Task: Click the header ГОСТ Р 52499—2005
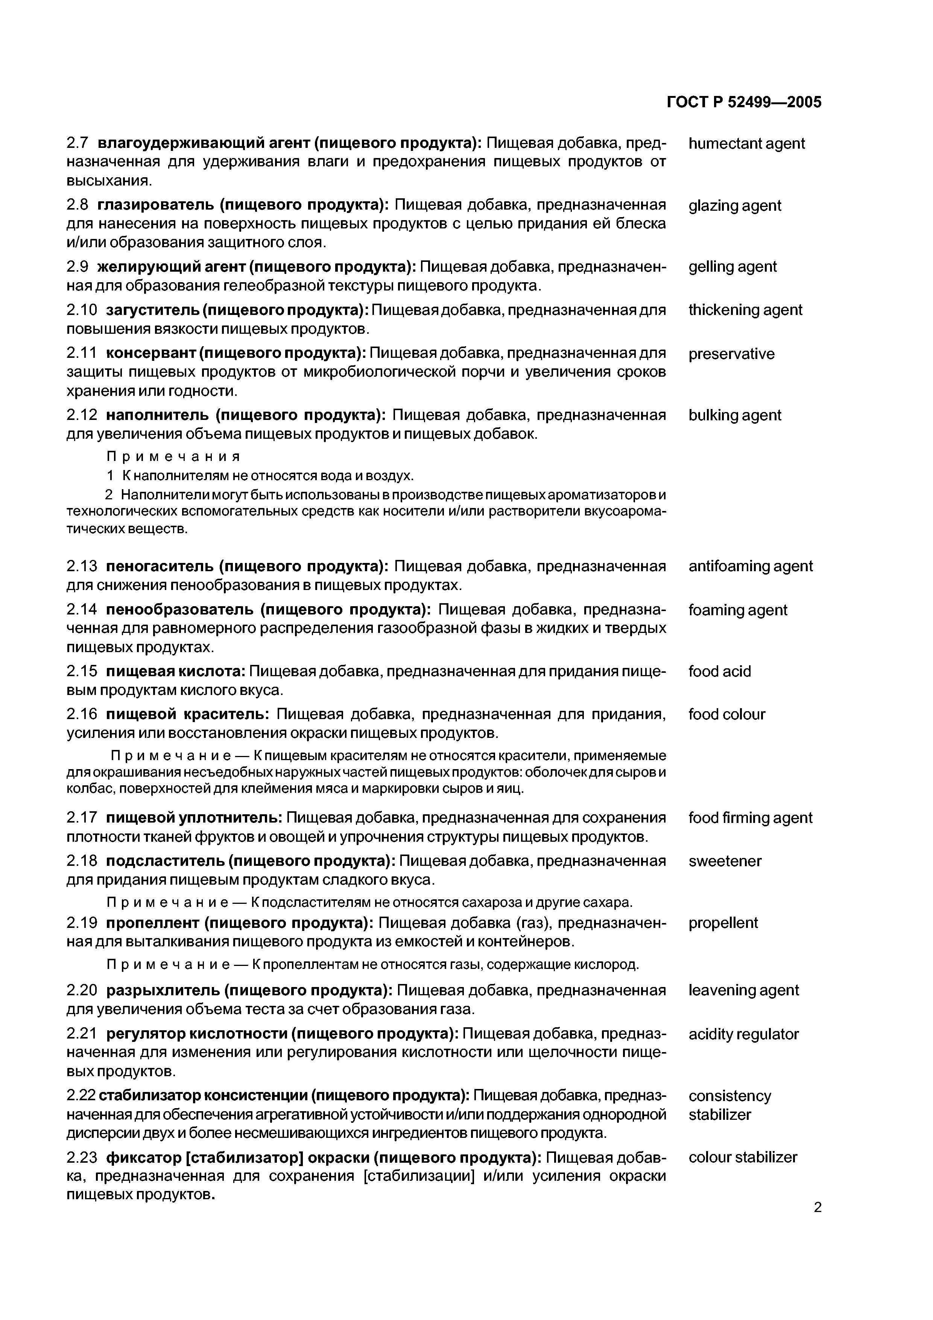[744, 102]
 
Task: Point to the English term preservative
[731, 354]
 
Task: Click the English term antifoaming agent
[750, 566]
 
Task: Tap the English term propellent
[723, 923]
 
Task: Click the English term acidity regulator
[743, 1034]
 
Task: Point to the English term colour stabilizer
[743, 1157]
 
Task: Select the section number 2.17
[82, 818]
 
